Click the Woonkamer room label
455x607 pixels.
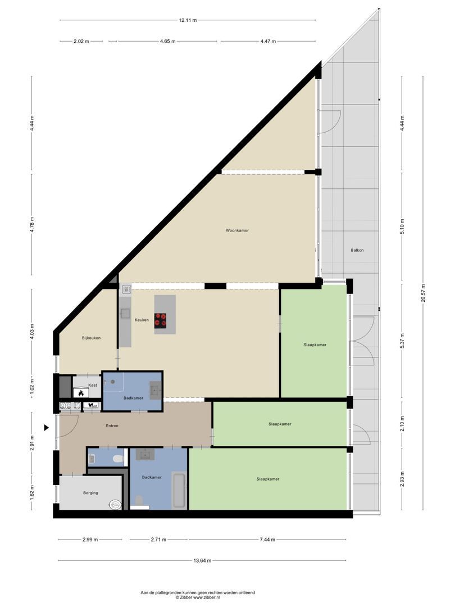pos(237,230)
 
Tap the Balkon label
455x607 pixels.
pos(357,250)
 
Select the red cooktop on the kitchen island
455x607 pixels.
pos(161,320)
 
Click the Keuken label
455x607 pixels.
pos(142,320)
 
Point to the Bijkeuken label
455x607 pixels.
pos(91,338)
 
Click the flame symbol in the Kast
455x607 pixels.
pos(81,393)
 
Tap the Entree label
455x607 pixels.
pos(112,425)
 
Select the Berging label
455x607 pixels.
pos(90,493)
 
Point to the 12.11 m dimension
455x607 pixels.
pos(188,20)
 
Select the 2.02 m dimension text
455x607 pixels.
pos(81,41)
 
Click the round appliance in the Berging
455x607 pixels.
pos(116,505)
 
